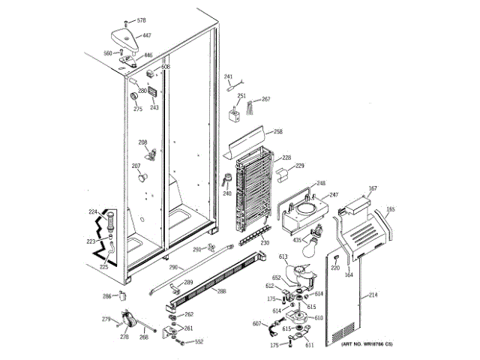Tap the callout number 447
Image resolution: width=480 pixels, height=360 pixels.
pyautogui.click(x=147, y=36)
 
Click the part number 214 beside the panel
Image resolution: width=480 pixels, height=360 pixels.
pyautogui.click(x=373, y=296)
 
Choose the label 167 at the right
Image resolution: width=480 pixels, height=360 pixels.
pyautogui.click(x=373, y=189)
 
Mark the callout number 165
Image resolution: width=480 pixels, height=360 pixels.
pyautogui.click(x=390, y=209)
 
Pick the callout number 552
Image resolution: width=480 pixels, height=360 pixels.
pyautogui.click(x=199, y=342)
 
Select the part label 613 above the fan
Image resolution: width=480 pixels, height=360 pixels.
pyautogui.click(x=283, y=257)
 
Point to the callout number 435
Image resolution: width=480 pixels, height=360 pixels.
pyautogui.click(x=297, y=240)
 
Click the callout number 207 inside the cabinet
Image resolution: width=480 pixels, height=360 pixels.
pyautogui.click(x=136, y=166)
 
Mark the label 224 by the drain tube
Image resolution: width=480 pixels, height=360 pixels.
pyautogui.click(x=93, y=212)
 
